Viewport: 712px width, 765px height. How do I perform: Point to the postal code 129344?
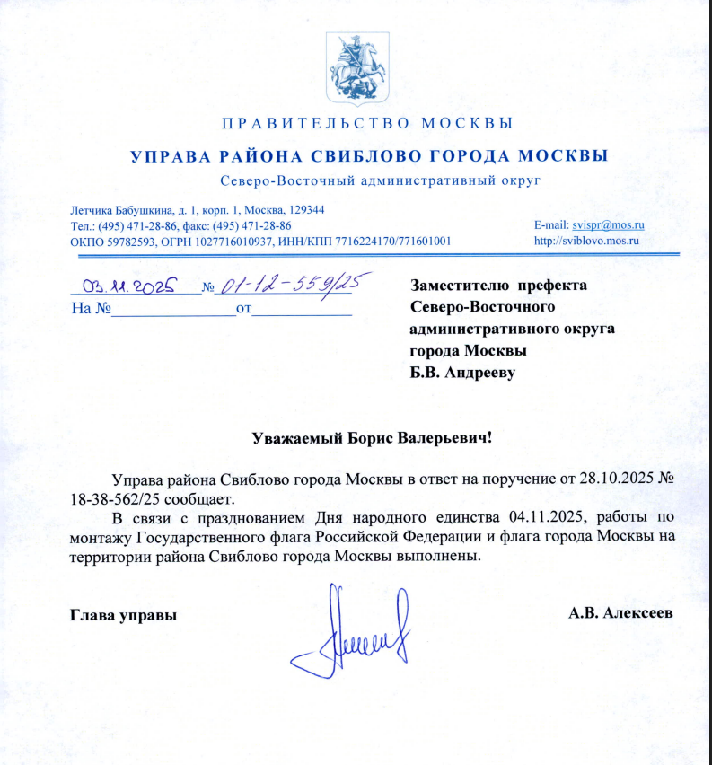point(303,209)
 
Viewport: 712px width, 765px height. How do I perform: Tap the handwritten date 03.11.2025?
point(130,286)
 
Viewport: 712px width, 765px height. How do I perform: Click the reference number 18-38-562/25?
point(113,497)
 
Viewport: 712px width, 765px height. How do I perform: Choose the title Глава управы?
point(123,615)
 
